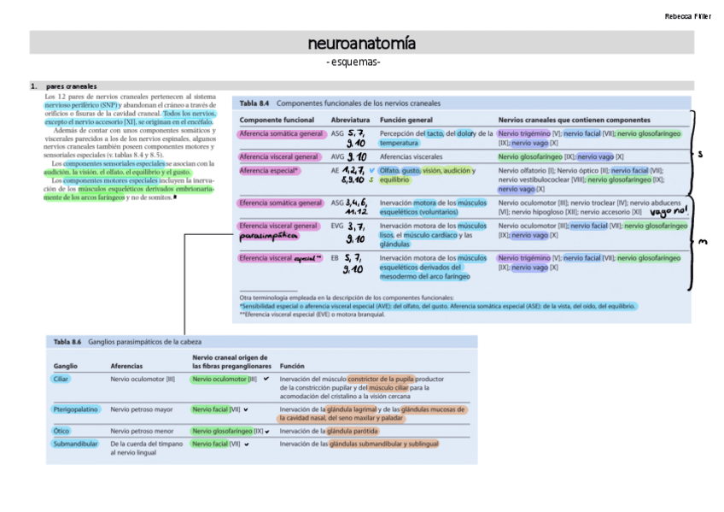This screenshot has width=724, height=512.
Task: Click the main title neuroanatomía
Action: (x=361, y=43)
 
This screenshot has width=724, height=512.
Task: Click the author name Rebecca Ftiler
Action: (x=687, y=17)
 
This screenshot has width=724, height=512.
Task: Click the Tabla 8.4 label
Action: (x=254, y=103)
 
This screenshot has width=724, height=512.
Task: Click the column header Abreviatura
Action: (x=349, y=120)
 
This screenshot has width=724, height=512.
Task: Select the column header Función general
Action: (x=406, y=120)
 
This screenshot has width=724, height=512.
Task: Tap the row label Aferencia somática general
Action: (x=281, y=134)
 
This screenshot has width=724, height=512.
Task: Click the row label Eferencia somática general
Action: (x=281, y=203)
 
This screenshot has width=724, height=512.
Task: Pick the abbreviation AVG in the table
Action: (x=337, y=157)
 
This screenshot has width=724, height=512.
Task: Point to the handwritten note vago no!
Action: (x=668, y=212)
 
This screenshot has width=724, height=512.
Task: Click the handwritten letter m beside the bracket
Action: (x=702, y=242)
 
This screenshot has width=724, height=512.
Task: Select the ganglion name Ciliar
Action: (x=61, y=379)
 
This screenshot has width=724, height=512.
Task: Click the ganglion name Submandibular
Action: (x=76, y=444)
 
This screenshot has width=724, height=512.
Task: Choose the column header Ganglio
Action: (x=65, y=366)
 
